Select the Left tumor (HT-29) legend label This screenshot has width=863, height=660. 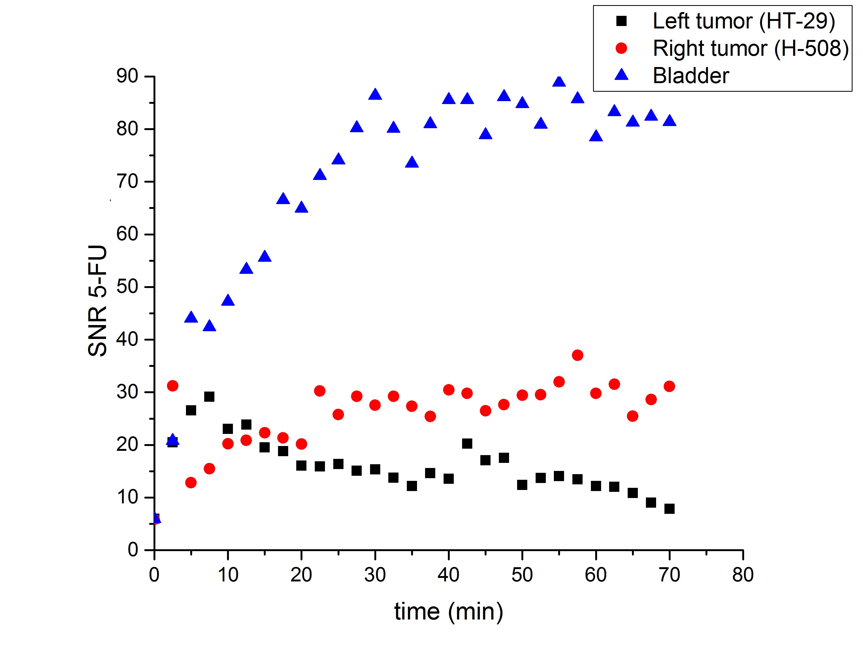[x=744, y=21]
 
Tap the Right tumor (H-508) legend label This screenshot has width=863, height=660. [x=751, y=48]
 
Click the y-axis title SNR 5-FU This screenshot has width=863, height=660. [x=97, y=301]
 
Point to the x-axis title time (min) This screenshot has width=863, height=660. [x=448, y=612]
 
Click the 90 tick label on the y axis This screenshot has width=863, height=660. [x=127, y=76]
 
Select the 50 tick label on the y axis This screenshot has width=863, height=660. [x=127, y=287]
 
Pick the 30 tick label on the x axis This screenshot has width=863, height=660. [x=375, y=575]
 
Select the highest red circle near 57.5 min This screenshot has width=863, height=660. [x=577, y=355]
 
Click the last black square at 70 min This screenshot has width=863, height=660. [x=669, y=509]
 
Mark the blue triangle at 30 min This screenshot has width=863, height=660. [x=375, y=95]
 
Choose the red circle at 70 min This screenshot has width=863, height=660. [x=669, y=386]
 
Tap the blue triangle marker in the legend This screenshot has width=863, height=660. [x=621, y=75]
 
